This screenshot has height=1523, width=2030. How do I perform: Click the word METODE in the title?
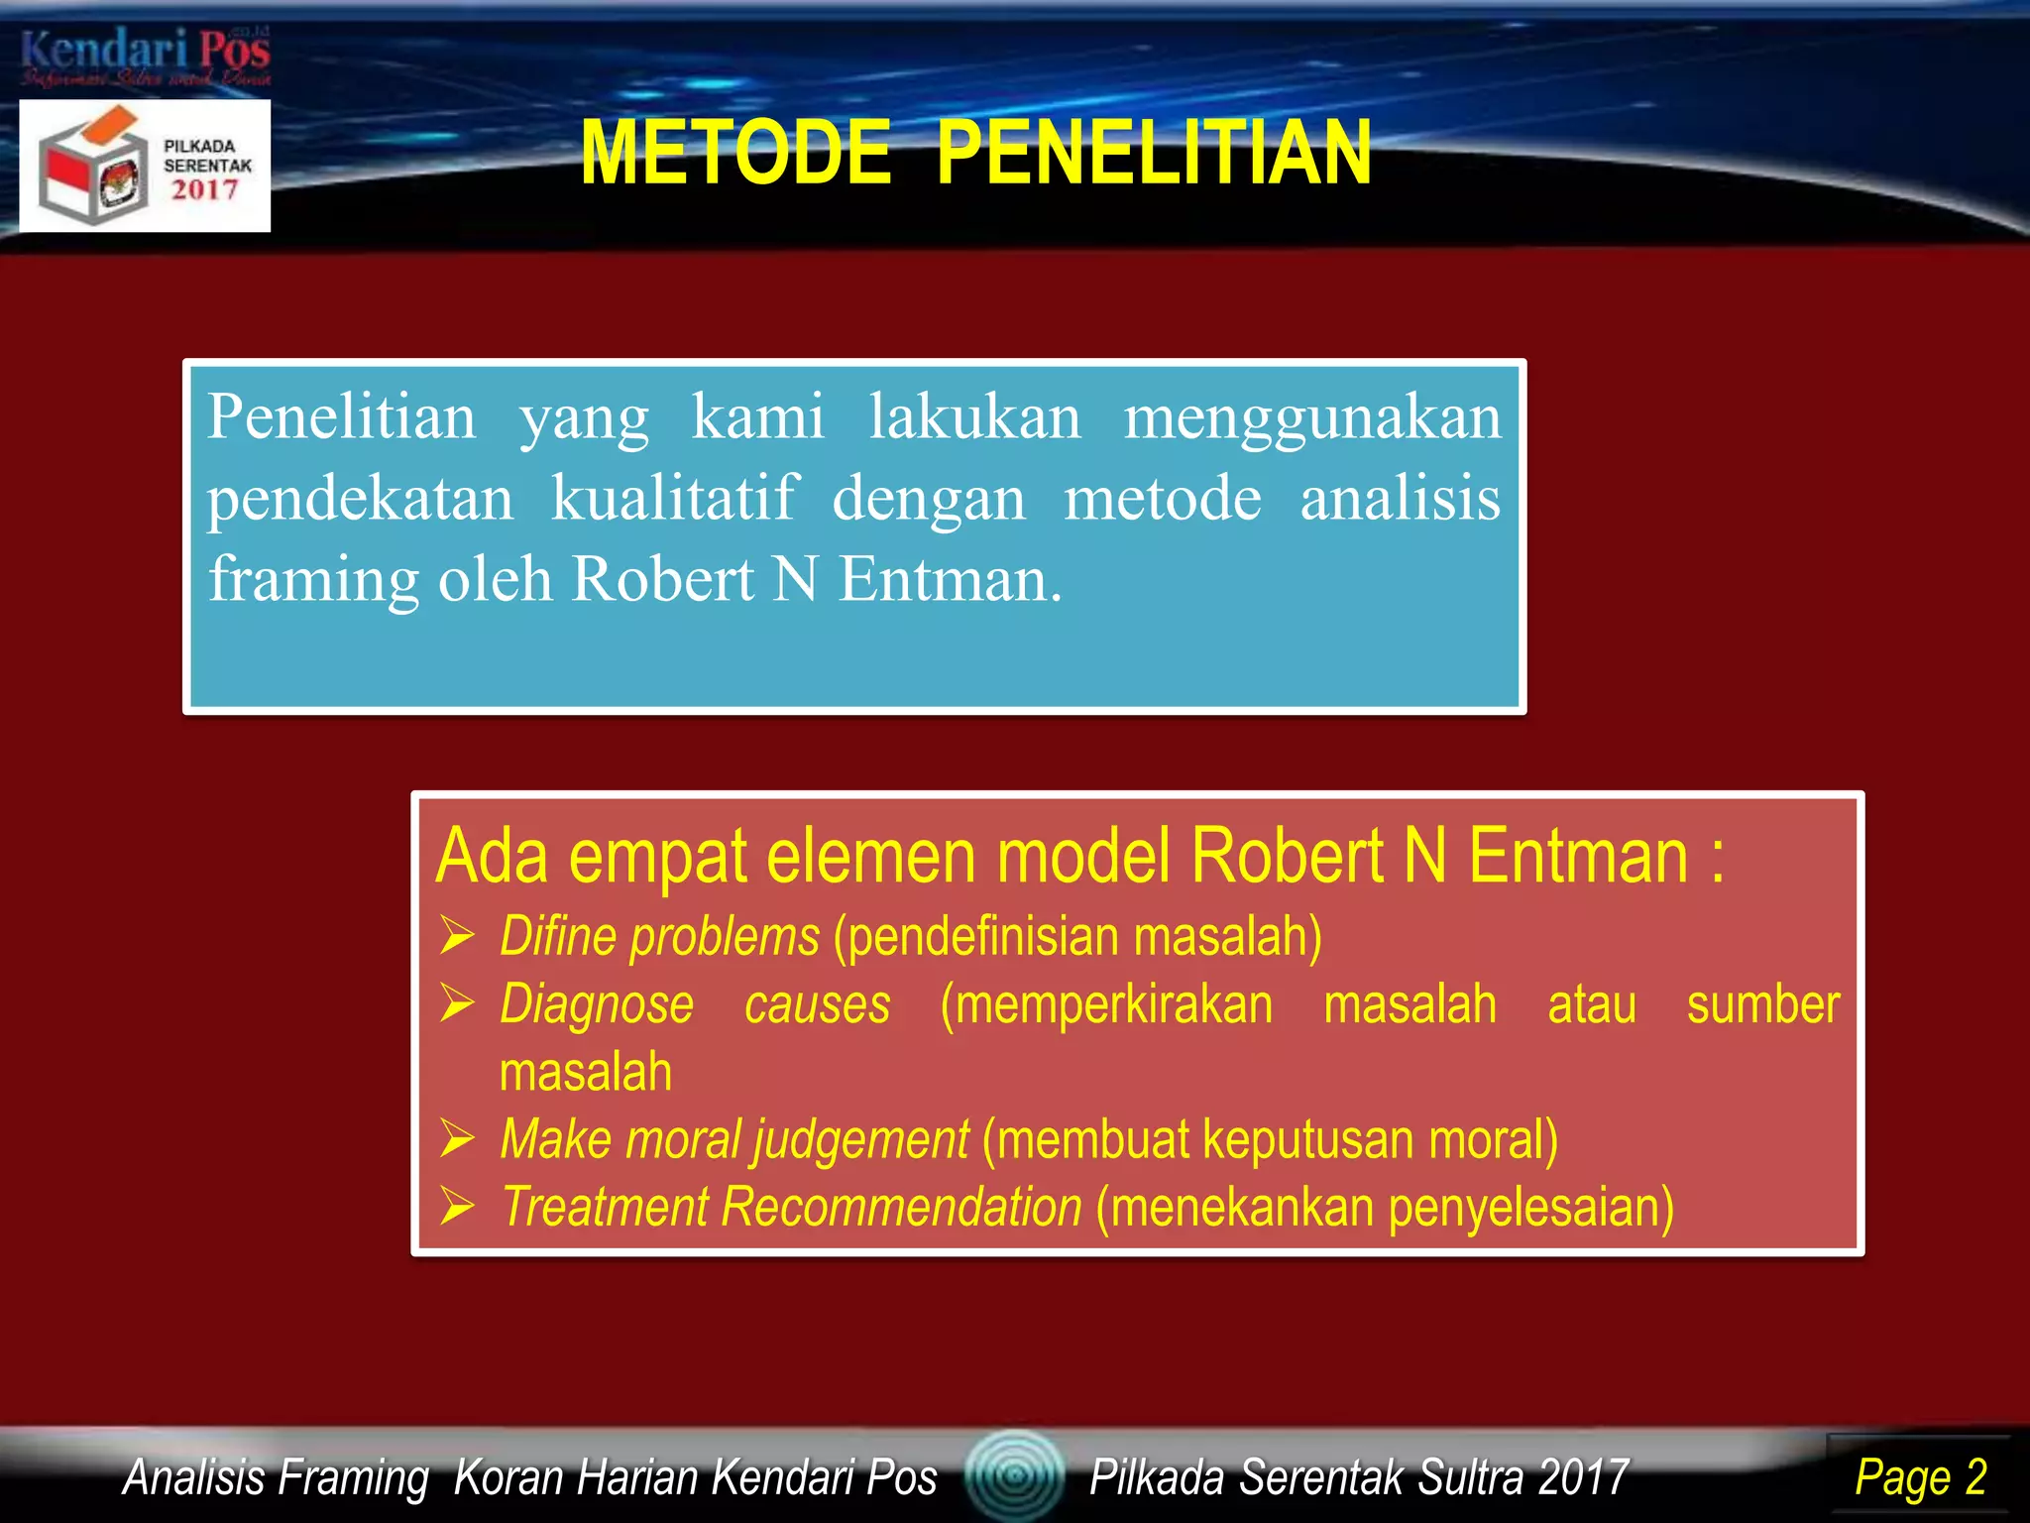(735, 154)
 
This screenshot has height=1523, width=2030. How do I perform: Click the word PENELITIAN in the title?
(1154, 154)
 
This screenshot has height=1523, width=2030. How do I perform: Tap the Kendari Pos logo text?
(145, 50)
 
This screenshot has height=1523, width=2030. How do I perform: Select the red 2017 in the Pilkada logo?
(205, 189)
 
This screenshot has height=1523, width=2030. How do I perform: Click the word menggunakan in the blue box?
(1312, 416)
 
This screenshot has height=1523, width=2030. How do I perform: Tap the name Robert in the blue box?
(662, 579)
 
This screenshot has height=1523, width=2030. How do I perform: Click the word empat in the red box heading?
(658, 857)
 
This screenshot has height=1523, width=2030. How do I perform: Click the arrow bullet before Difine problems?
(458, 936)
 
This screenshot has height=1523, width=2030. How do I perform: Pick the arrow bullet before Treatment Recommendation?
(458, 1207)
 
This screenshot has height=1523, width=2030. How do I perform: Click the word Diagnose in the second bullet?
(597, 1004)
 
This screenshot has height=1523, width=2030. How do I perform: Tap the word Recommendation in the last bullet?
(901, 1207)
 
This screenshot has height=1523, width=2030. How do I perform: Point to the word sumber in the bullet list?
(1762, 1004)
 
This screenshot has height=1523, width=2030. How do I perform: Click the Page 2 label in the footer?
(1920, 1477)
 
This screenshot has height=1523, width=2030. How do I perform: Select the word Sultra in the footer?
(1470, 1477)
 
